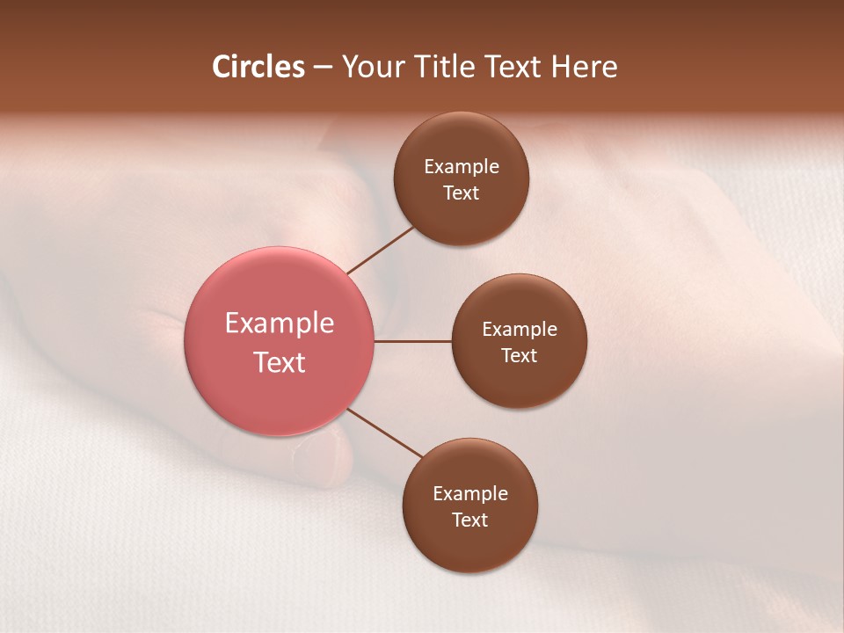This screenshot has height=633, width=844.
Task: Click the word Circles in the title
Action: click(x=258, y=67)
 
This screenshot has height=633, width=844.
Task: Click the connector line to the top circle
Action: click(x=380, y=250)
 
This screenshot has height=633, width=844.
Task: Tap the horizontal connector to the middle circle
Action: click(x=413, y=341)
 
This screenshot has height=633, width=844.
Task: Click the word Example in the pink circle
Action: click(x=280, y=324)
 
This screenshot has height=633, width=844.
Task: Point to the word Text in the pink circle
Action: click(x=280, y=362)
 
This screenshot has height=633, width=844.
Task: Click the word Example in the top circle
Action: click(x=462, y=167)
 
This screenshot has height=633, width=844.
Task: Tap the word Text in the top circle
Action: click(x=462, y=193)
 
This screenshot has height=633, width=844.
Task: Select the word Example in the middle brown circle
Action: click(x=520, y=330)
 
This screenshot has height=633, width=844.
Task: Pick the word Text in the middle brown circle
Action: click(x=520, y=356)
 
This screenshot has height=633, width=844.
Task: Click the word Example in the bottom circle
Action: click(x=470, y=494)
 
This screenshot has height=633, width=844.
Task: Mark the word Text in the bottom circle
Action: click(x=470, y=520)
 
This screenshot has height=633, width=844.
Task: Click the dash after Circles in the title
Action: click(x=323, y=68)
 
